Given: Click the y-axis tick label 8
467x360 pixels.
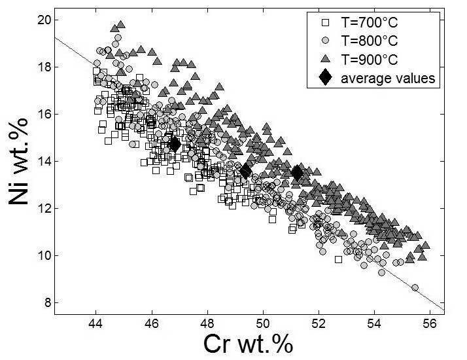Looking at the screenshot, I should (47, 302).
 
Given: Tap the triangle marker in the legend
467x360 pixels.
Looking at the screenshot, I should (324, 60).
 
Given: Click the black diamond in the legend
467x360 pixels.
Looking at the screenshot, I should (324, 79).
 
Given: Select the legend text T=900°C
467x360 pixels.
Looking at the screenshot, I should (370, 60).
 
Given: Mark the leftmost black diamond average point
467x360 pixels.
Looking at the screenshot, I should (174, 144).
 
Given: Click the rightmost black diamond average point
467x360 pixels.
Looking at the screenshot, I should (298, 173).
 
